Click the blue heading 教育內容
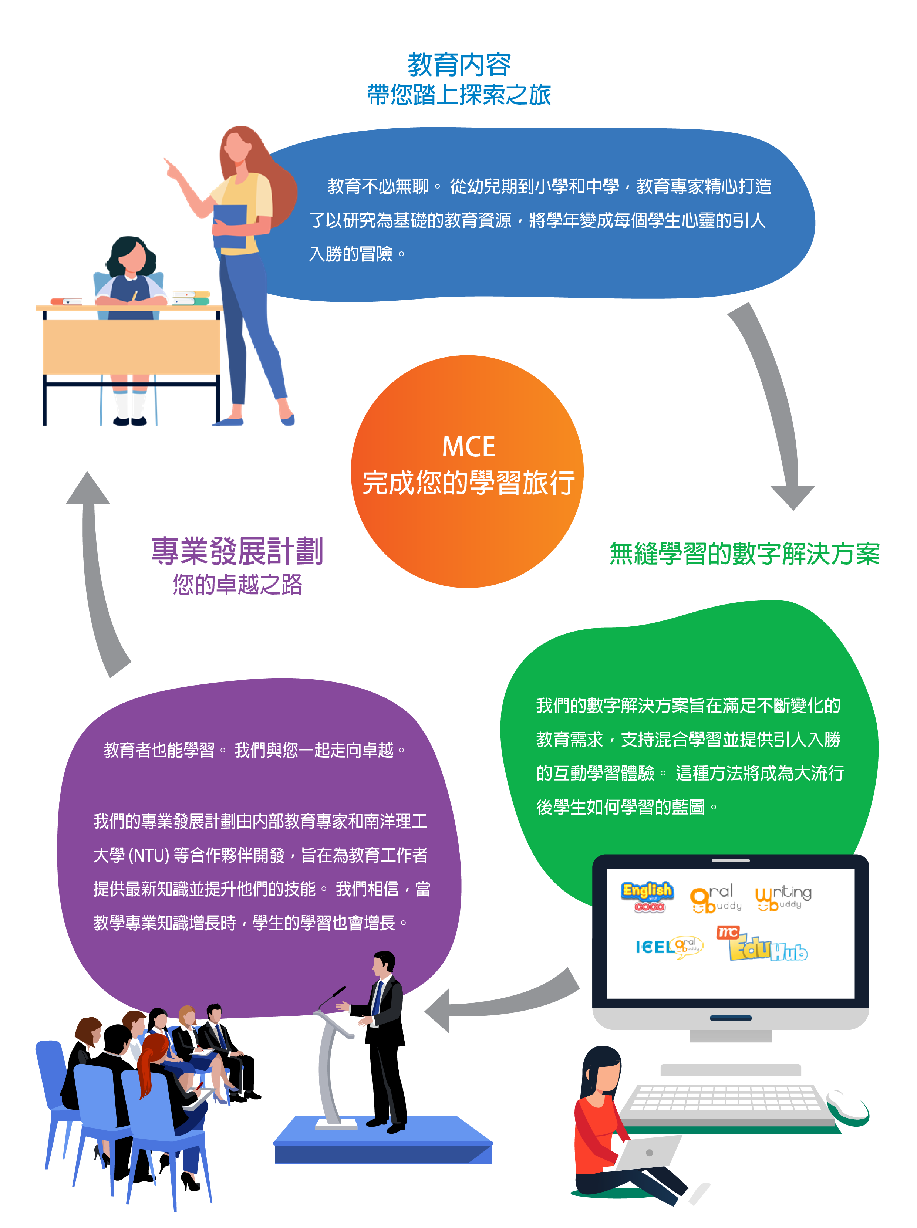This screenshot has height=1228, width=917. pos(459,65)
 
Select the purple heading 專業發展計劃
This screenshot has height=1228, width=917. pos(237,551)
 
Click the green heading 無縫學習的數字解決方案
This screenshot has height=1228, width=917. pos(744,554)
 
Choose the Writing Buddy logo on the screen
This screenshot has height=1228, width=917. pos(783,897)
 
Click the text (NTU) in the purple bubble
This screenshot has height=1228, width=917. pos(149,855)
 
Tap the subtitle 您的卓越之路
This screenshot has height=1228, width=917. pos(237,584)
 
